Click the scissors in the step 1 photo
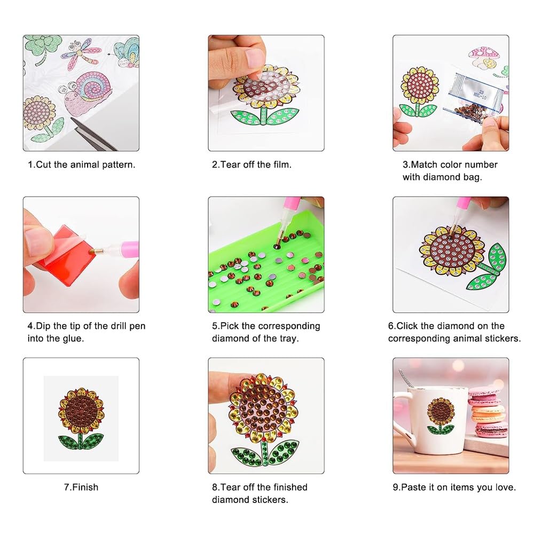91,133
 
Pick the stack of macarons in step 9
487,414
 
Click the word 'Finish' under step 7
85,487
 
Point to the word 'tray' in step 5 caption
289,338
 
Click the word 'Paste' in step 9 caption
413,487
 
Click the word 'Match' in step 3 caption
425,164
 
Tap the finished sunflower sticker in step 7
81,418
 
